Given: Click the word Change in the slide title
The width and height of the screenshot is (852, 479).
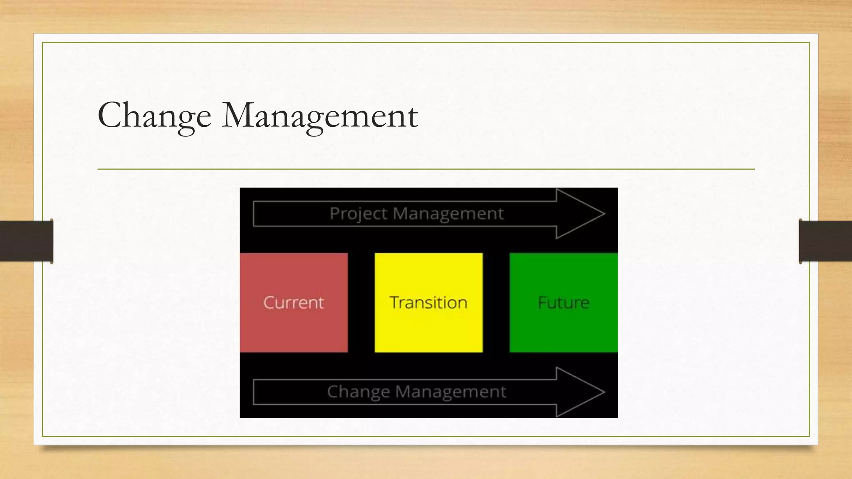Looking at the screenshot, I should tap(154, 115).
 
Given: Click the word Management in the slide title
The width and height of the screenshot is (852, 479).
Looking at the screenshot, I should tap(320, 115).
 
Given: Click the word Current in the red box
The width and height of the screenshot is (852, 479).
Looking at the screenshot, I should tap(294, 302).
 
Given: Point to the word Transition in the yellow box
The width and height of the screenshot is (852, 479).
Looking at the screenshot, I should tap(428, 302).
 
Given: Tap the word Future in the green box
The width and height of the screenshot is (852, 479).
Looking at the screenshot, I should tap(563, 302).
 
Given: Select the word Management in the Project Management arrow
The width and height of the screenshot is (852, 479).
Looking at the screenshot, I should tap(448, 214).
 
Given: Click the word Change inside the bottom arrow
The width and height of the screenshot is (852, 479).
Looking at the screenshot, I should tap(358, 392).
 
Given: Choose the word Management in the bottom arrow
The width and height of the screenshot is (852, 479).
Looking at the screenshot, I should tap(451, 392).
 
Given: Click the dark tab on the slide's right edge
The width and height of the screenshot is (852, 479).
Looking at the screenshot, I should tap(825, 241).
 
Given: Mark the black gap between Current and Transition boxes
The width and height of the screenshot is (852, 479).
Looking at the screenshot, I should tap(361, 302).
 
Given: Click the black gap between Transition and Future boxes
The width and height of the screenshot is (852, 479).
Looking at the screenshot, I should tap(496, 302).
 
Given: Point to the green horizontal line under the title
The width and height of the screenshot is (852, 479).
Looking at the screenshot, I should tap(426, 169).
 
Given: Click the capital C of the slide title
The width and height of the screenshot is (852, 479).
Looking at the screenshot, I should tap(111, 115).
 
